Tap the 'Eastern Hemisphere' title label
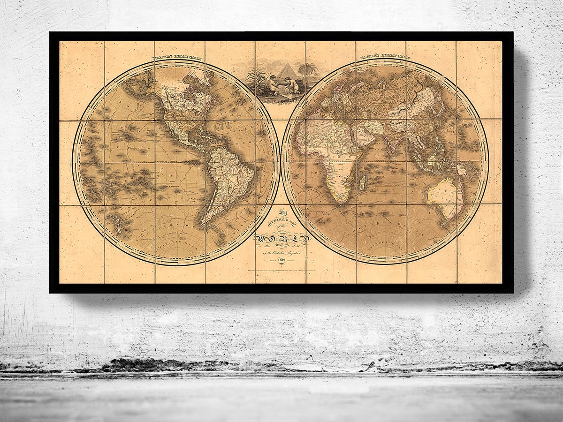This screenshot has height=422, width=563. click(x=384, y=58)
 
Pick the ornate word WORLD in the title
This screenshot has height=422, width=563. click(x=281, y=240)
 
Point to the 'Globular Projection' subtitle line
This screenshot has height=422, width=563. click(x=281, y=253)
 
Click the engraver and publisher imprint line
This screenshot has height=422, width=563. click(x=281, y=272)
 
